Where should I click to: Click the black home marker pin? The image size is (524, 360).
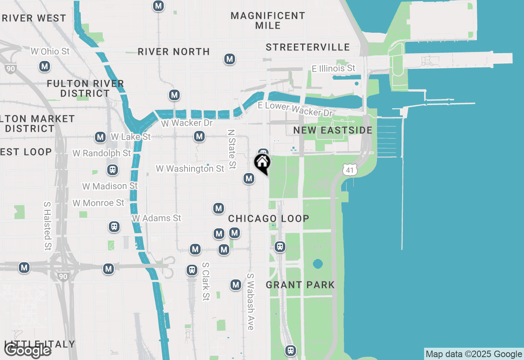(262, 162)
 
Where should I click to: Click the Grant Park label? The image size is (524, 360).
(300, 285)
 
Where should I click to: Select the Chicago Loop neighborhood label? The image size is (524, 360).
(269, 218)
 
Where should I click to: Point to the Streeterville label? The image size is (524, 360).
(308, 47)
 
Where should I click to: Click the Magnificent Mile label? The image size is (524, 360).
(268, 20)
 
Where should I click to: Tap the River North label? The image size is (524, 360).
(174, 52)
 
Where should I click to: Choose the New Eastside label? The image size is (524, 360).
(333, 130)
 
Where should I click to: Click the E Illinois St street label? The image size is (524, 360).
(334, 68)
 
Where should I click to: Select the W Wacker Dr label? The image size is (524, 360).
(187, 123)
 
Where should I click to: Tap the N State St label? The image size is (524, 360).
(232, 149)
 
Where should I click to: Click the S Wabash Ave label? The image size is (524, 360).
(250, 301)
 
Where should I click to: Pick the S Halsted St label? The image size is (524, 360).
(47, 225)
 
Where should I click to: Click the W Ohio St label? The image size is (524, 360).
(50, 52)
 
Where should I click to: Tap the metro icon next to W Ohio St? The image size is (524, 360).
(45, 66)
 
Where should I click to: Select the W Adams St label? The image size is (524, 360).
(156, 218)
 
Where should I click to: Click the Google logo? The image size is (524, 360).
(28, 351)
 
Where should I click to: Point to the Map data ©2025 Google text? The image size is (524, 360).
(474, 354)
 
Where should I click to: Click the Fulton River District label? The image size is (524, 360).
(85, 88)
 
